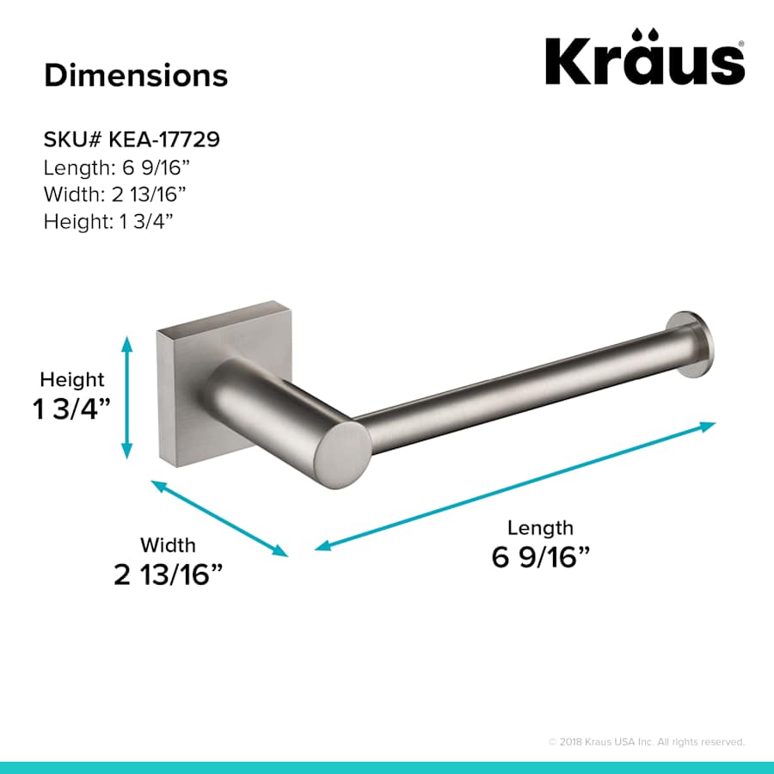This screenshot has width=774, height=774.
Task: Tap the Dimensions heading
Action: [x=136, y=75]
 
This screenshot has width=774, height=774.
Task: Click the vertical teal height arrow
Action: [x=127, y=396]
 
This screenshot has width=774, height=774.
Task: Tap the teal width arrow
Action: [x=220, y=519]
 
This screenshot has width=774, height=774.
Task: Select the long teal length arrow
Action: [x=516, y=486]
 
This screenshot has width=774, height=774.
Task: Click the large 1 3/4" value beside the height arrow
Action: [x=73, y=409]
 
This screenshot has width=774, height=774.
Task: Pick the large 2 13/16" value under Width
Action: [x=175, y=574]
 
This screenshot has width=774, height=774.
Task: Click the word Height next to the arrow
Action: [x=72, y=379]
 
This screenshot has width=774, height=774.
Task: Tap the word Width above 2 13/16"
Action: [x=168, y=544]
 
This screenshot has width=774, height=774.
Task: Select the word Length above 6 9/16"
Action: [x=540, y=527]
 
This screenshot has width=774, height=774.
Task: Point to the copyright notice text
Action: [x=646, y=741]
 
